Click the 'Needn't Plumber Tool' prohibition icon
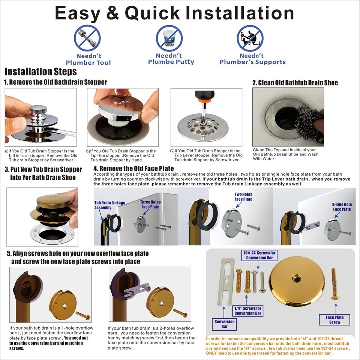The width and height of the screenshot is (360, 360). click(87, 38)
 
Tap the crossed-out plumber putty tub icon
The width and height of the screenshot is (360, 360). click(169, 38)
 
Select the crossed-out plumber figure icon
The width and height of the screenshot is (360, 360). click(250, 38)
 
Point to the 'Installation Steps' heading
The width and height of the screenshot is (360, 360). click(40, 71)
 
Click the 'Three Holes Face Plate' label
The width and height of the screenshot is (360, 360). click(150, 204)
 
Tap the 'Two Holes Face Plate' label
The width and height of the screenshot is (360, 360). click(243, 197)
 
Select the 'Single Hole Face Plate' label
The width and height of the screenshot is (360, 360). click(342, 207)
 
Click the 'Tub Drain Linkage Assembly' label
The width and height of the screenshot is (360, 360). click(110, 205)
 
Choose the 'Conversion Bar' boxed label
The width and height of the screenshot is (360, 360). click(224, 324)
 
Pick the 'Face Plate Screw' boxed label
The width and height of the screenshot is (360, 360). click(334, 319)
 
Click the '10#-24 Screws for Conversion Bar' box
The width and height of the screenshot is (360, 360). click(259, 255)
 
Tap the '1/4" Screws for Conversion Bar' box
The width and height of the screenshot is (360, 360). click(248, 311)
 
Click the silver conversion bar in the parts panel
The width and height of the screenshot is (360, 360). click(226, 282)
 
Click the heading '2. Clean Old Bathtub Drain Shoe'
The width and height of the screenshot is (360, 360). click(295, 83)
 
